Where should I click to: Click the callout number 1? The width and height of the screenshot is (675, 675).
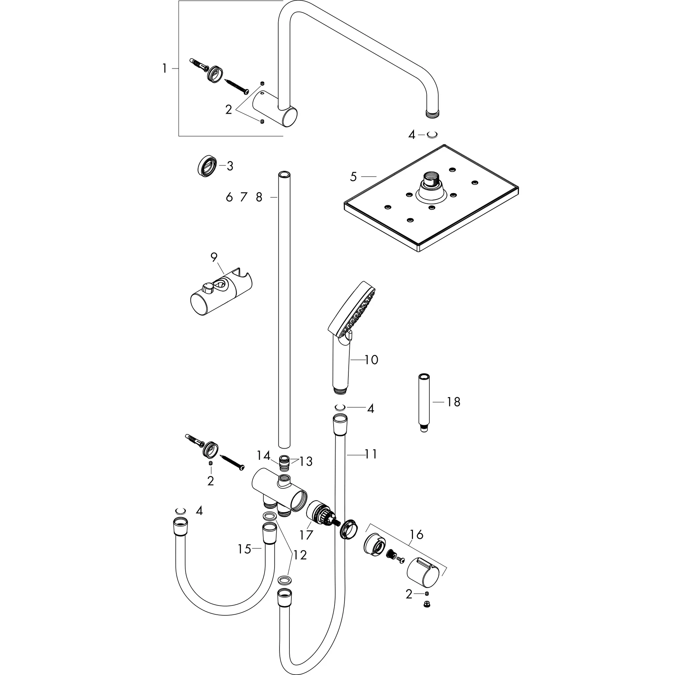click(164, 69)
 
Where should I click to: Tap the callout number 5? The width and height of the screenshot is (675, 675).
click(353, 177)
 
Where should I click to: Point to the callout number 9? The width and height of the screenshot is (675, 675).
click(214, 257)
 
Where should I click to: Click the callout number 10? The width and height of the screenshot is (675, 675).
click(371, 360)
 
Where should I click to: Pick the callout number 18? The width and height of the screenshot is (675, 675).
click(453, 402)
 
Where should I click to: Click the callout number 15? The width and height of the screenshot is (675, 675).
click(244, 549)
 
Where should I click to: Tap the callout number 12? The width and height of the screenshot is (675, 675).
click(300, 555)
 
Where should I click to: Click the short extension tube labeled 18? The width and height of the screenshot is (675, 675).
click(424, 402)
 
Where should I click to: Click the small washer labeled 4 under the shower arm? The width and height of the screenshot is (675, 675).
click(432, 134)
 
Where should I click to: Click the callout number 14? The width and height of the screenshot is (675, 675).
click(263, 455)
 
